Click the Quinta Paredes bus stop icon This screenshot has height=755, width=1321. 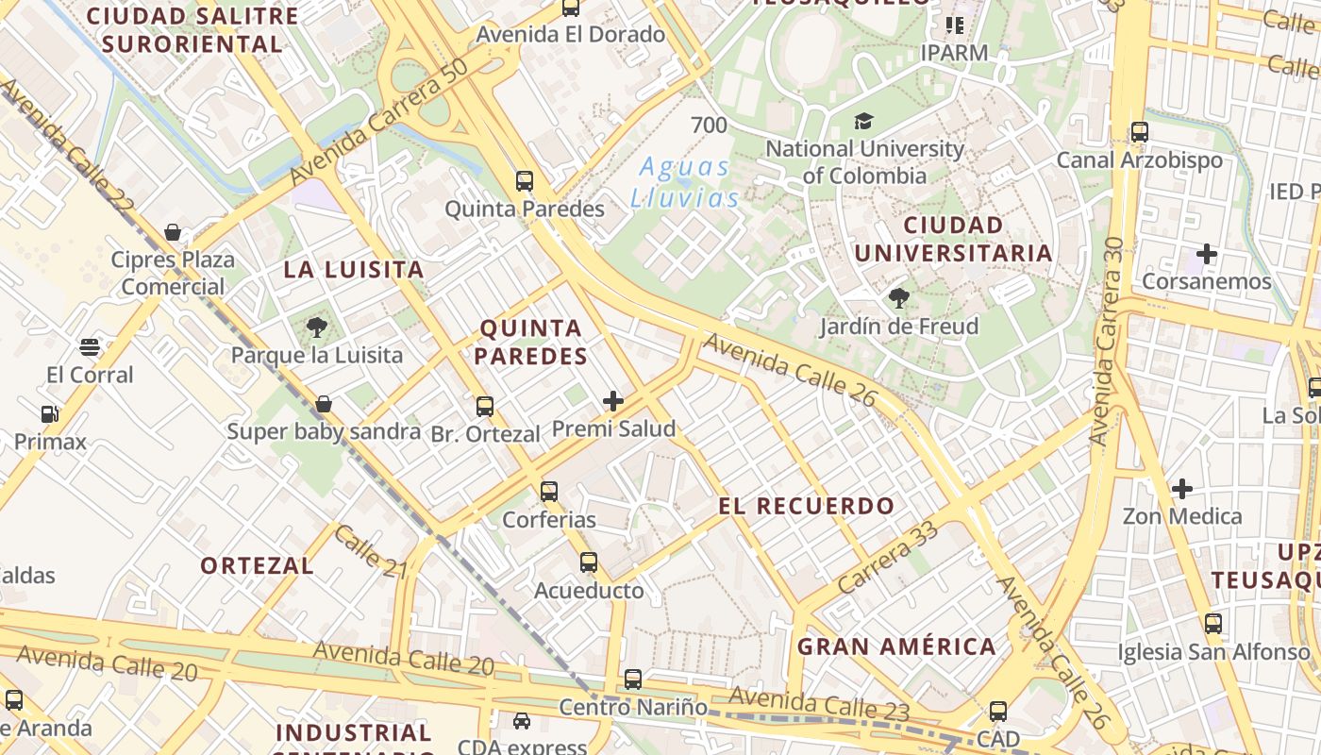pos(525,181)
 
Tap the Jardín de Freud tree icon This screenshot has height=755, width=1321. pos(899,299)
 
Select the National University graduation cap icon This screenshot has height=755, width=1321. pos(863,121)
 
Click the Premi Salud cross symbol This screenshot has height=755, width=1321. pos(613,401)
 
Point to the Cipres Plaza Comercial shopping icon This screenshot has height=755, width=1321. pos(173,232)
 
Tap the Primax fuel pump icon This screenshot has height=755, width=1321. pos(49,413)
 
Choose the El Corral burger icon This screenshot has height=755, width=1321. pos(90,347)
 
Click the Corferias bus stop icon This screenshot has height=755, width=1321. pos(549,492)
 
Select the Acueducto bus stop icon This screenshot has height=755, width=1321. pos(589,562)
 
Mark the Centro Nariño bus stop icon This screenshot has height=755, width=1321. pos(633,679)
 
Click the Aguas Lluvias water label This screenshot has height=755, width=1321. pos(685,182)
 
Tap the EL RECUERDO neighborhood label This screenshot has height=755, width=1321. pos(807,506)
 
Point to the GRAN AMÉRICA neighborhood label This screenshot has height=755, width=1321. pos(896,646)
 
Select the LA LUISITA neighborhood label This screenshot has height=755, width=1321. pos(354,270)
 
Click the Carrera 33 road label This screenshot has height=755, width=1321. pos(888,557)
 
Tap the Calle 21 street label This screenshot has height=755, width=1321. pos(370,551)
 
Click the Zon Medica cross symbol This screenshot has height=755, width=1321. pos(1181,489)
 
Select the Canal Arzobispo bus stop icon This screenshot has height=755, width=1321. pos(1140,132)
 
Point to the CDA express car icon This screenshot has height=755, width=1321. pos(521,721)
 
